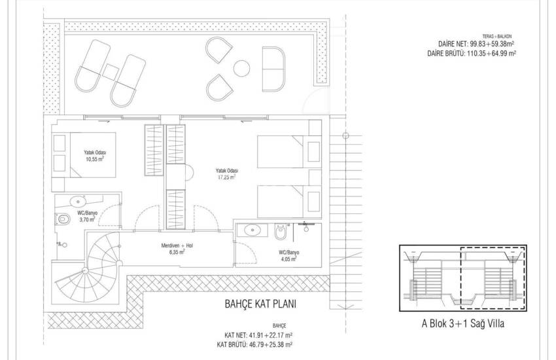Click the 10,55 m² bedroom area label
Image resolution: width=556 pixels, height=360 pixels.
coord(95,156)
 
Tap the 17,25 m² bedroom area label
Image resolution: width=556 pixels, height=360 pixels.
coord(227,173)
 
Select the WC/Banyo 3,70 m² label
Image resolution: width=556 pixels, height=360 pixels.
coord(87,217)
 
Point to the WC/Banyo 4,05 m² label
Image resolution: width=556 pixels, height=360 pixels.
coord(288,256)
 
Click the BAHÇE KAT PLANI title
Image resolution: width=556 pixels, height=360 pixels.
coord(260,304)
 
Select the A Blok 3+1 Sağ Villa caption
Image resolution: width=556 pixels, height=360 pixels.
coord(462,323)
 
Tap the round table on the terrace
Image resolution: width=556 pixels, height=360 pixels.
coord(242,67)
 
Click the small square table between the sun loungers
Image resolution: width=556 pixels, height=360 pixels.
coord(111,71)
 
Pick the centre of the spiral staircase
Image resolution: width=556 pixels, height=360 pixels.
coord(85,271)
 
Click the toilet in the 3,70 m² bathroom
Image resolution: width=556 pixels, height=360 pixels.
coord(63,219)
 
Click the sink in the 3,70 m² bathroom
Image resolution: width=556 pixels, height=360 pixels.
coord(78,202)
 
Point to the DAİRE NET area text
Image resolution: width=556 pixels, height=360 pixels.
coord(476,45)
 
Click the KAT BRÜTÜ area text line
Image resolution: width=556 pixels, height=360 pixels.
coord(254,344)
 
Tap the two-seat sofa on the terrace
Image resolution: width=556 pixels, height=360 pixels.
coord(273,69)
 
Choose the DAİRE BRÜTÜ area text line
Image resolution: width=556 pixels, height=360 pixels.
coord(472,54)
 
